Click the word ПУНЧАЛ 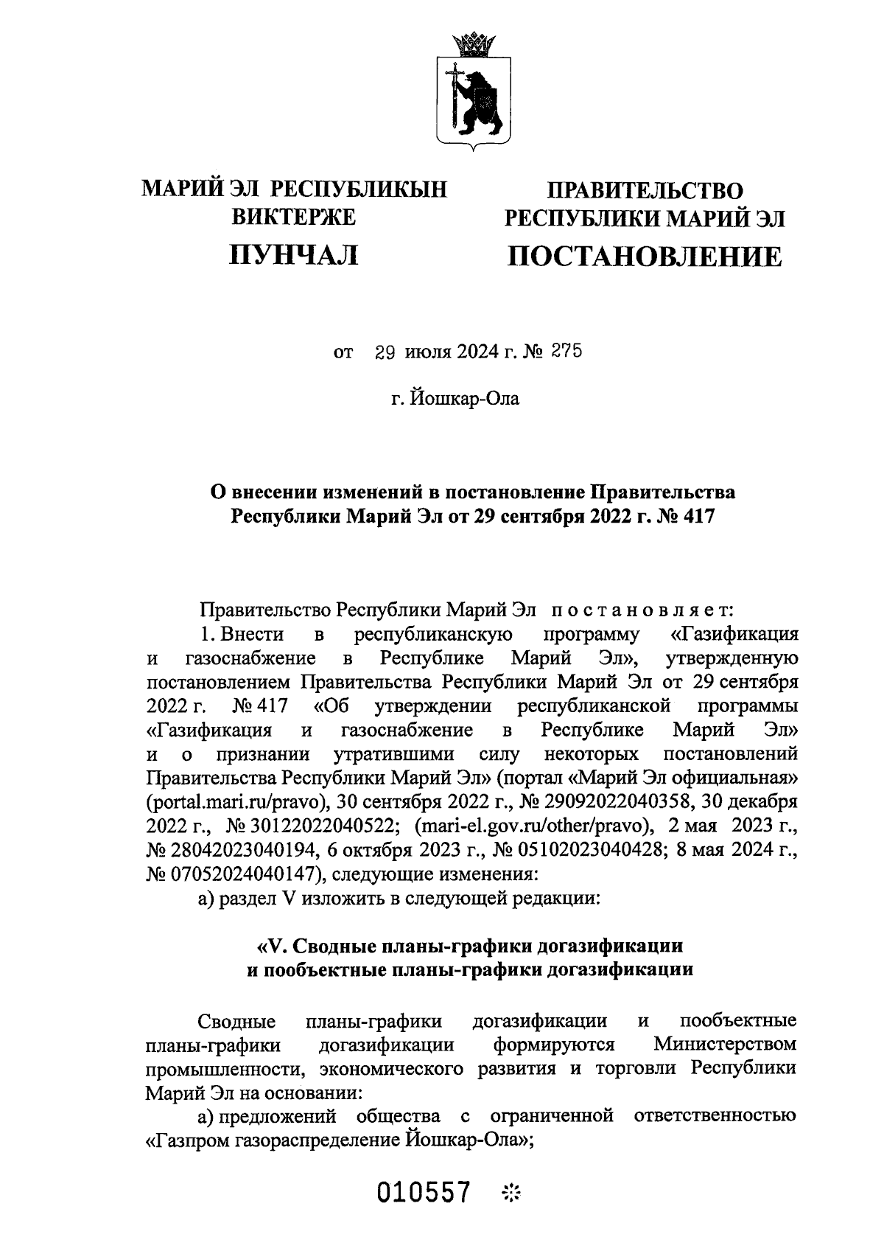point(294,255)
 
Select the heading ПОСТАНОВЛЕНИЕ point(645,257)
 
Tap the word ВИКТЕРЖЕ point(294,217)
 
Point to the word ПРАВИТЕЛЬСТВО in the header point(645,191)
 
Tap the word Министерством point(725,1045)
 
